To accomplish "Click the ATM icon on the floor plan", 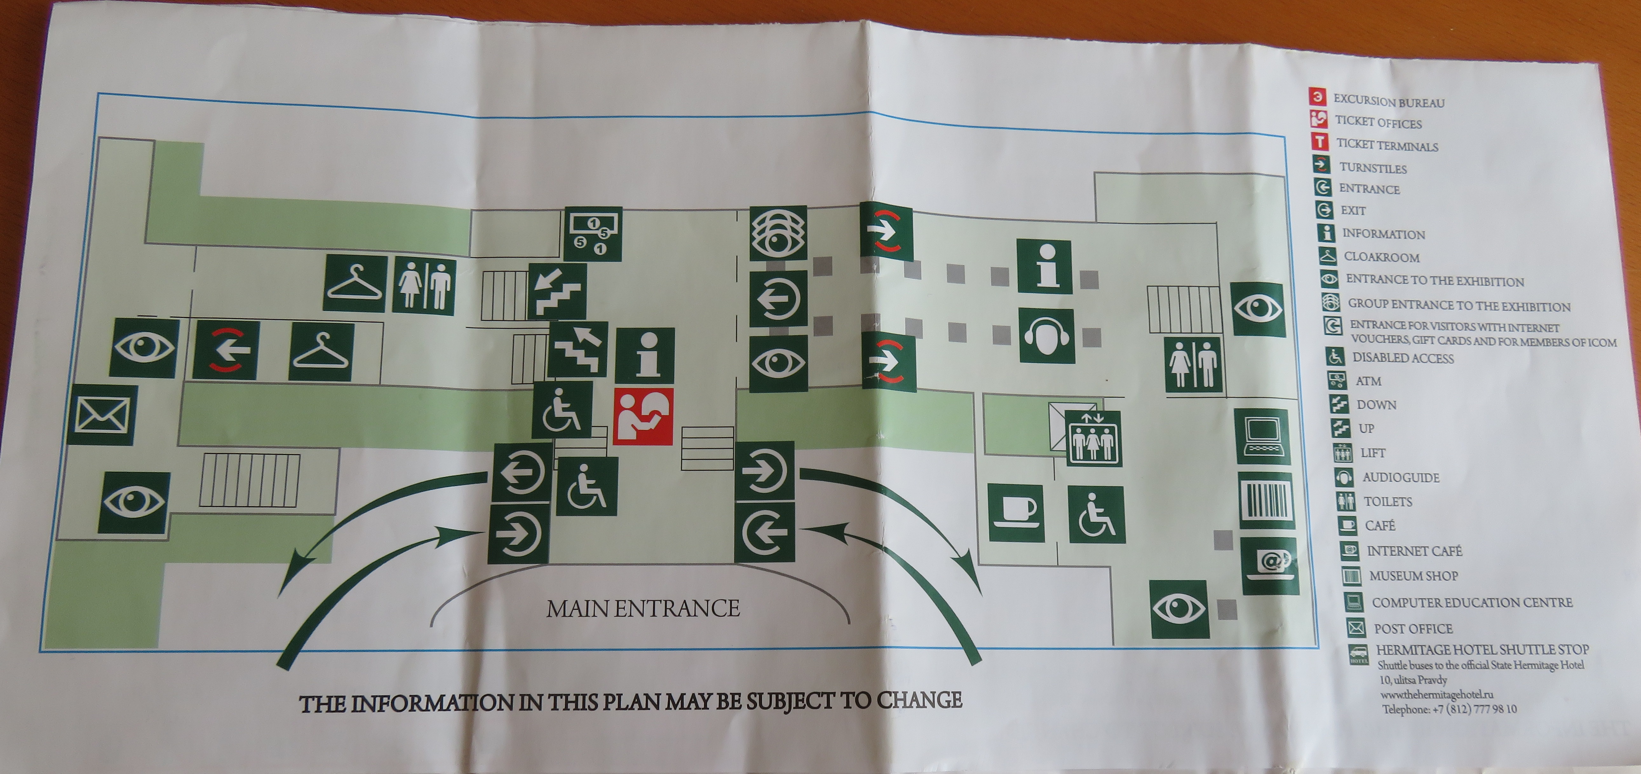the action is (594, 234).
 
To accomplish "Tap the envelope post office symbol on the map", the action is (103, 415).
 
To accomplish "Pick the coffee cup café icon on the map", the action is (1016, 513).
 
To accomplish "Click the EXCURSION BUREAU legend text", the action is (1389, 101).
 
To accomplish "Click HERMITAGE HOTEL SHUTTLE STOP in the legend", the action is (1482, 650).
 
